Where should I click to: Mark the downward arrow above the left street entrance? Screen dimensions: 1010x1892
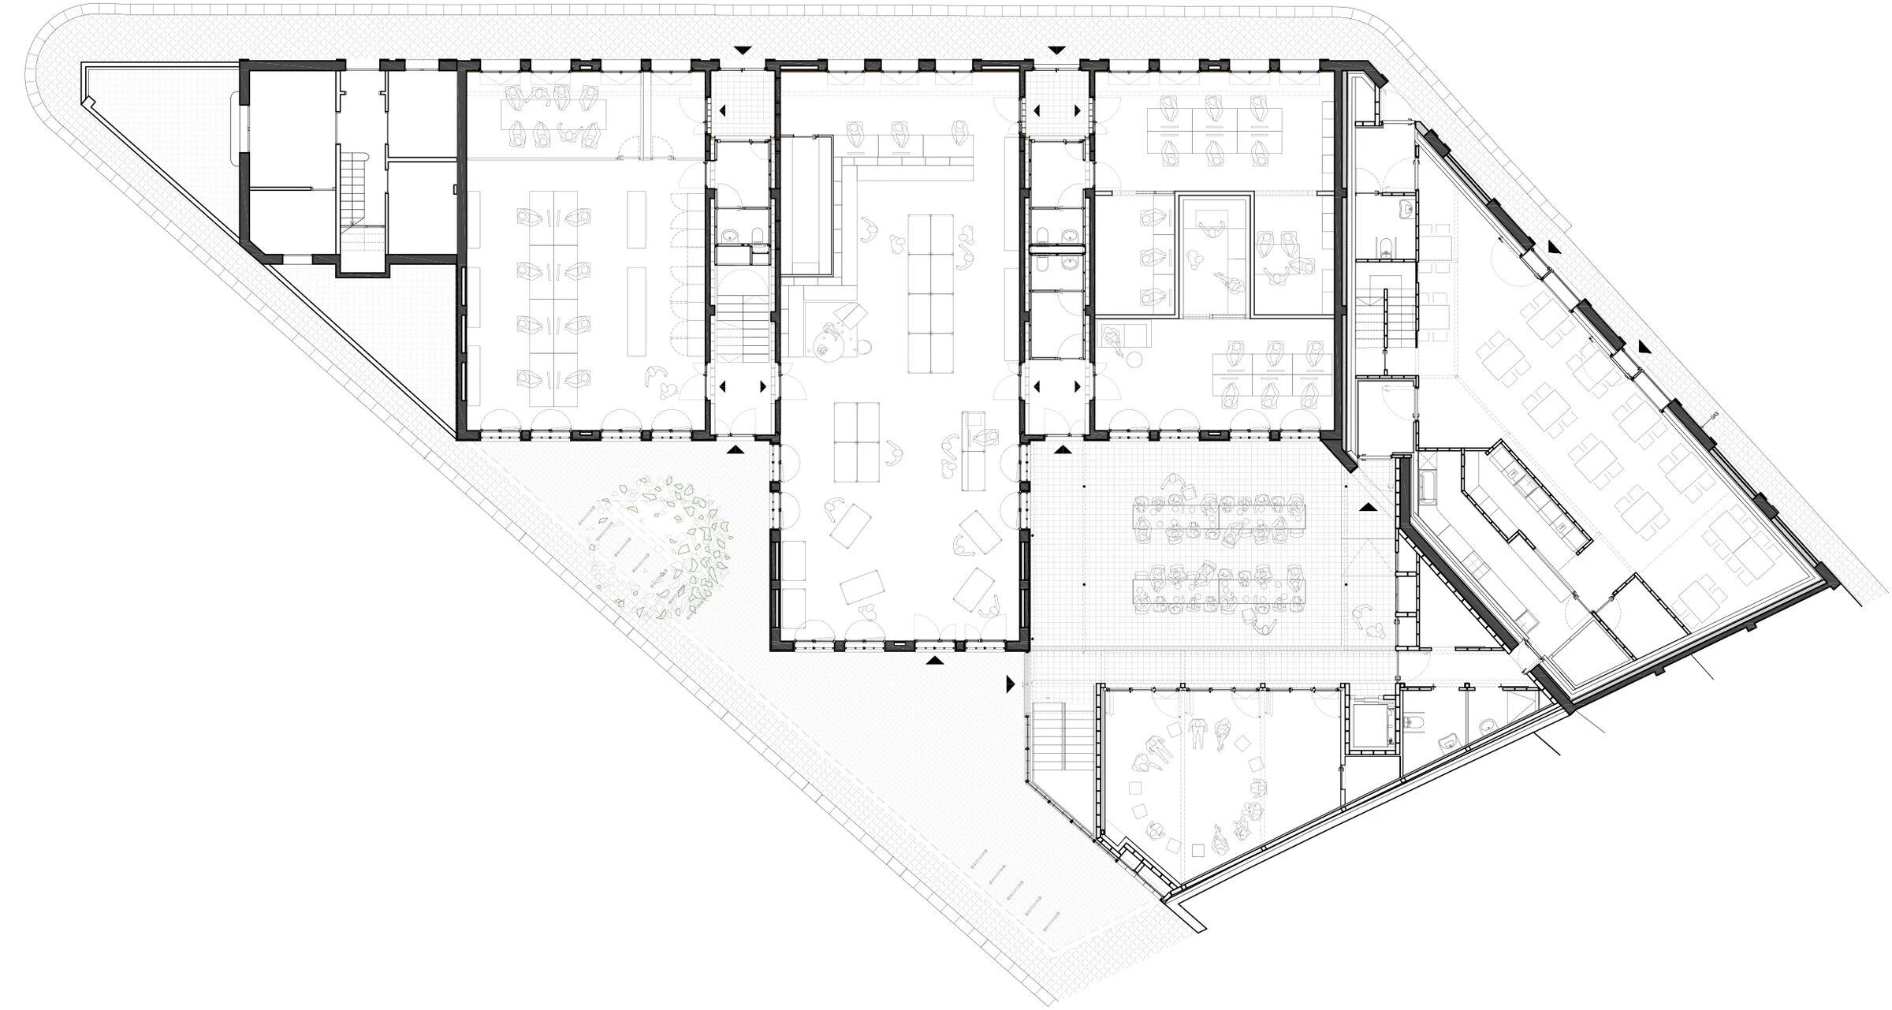click(x=742, y=50)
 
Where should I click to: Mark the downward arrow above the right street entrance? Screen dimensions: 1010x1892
click(x=1057, y=50)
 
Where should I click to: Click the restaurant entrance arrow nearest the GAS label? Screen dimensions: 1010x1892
click(x=1644, y=347)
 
